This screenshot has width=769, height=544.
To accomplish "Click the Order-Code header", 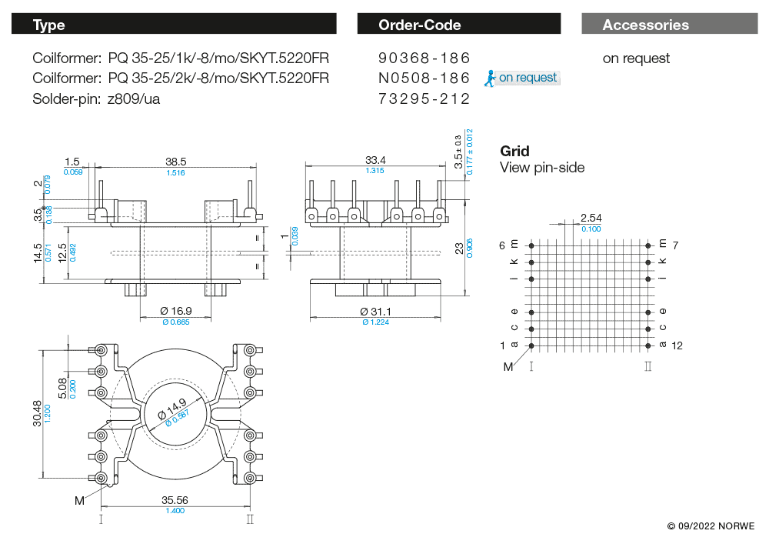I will click(419, 25).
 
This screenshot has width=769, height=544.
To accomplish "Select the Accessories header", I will click(646, 25).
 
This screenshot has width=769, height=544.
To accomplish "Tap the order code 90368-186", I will click(424, 58).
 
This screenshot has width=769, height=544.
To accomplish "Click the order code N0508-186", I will click(424, 78).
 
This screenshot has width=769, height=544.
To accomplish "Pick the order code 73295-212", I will click(424, 98).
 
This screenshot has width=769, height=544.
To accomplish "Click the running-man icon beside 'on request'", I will click(490, 77).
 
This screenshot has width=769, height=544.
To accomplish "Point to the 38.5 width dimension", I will click(176, 162).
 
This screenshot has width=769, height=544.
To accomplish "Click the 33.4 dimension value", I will click(375, 160).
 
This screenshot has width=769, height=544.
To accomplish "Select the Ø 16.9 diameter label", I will click(175, 311).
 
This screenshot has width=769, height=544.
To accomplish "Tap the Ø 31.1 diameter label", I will click(375, 311).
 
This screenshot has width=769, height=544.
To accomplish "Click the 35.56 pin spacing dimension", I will click(175, 500).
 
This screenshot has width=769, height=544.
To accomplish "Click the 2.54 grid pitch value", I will click(591, 219).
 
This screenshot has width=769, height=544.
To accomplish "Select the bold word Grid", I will click(514, 151).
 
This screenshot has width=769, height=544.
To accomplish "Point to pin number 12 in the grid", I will click(677, 345).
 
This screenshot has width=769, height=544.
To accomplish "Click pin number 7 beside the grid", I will click(676, 245).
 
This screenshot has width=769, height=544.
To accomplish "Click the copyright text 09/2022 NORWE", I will click(711, 526).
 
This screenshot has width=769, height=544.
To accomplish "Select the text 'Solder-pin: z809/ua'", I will click(96, 98).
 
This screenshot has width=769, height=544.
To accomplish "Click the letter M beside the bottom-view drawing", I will click(79, 501).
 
